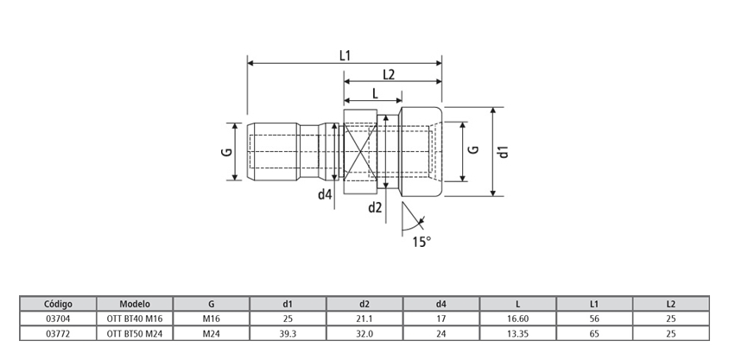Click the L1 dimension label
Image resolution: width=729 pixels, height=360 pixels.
tap(345, 55)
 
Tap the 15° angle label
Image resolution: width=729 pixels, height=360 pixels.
tap(421, 242)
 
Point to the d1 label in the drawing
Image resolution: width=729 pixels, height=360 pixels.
tap(504, 152)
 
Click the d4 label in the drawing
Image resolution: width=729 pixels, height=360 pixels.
tap(324, 194)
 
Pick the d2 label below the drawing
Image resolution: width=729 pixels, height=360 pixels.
tap(376, 207)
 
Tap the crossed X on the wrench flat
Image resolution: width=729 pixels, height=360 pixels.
tap(359, 152)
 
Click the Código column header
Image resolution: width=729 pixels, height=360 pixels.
tap(58, 304)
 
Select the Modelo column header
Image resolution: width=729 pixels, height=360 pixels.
tap(135, 304)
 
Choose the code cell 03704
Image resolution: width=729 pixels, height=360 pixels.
tap(58, 318)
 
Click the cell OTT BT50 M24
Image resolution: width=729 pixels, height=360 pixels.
tap(135, 332)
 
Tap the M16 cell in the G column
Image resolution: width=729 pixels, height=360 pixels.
tap(212, 318)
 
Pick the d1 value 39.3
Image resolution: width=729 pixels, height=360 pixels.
tap(288, 332)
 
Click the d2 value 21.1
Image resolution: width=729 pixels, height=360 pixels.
tap(364, 318)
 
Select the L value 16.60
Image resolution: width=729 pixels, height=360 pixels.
tap(517, 318)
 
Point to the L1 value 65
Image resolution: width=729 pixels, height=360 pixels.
tap(594, 332)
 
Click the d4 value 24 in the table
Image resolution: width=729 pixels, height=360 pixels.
tap(441, 332)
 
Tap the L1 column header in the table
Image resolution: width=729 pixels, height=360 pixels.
tap(594, 304)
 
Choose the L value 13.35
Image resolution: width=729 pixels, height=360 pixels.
tap(517, 332)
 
